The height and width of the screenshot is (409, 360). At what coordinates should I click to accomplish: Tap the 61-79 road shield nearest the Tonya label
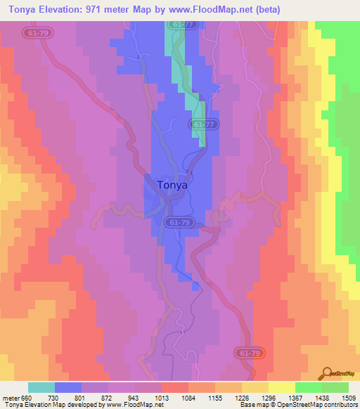tap(179, 222)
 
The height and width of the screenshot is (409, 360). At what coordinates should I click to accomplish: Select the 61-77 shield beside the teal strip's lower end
tap(201, 124)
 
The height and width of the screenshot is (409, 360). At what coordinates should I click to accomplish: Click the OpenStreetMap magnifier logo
tap(328, 375)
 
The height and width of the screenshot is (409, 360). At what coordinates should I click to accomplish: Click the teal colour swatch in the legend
tap(41, 387)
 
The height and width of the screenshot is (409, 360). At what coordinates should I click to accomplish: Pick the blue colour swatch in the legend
tap(68, 387)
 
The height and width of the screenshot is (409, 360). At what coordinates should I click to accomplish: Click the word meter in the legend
tap(10, 398)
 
